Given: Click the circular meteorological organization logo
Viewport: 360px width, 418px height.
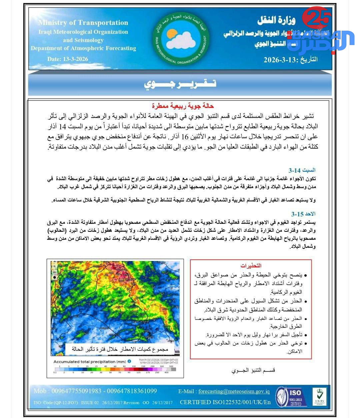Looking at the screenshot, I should click(x=181, y=39).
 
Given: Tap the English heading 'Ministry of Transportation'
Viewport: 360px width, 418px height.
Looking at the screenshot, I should click(x=83, y=23).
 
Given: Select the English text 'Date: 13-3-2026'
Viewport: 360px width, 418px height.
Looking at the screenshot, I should click(x=68, y=59).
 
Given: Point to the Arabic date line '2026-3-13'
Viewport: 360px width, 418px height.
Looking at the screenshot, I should click(x=290, y=60).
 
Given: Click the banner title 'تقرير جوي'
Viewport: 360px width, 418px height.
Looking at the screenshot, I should click(x=180, y=84).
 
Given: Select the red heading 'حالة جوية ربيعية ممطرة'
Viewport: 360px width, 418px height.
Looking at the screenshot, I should click(x=183, y=106).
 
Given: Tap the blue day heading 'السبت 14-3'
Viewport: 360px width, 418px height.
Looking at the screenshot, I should click(x=302, y=170).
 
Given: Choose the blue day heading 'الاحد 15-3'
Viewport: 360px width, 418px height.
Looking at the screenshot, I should click(x=303, y=214).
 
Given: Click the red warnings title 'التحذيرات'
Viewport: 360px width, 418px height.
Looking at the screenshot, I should click(x=251, y=266).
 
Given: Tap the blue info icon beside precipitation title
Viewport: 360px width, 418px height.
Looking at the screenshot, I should click(x=129, y=361).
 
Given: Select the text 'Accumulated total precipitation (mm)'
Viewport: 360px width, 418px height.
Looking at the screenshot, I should click(x=90, y=361).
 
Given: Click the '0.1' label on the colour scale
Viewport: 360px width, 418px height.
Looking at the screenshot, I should click(x=55, y=372).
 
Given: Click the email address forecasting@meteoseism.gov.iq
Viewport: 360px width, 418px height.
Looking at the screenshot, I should click(x=234, y=392).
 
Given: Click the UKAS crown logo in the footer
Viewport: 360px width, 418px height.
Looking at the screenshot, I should click(x=319, y=396).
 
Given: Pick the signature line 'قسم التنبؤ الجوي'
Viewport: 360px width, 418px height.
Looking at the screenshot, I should click(x=253, y=370).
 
